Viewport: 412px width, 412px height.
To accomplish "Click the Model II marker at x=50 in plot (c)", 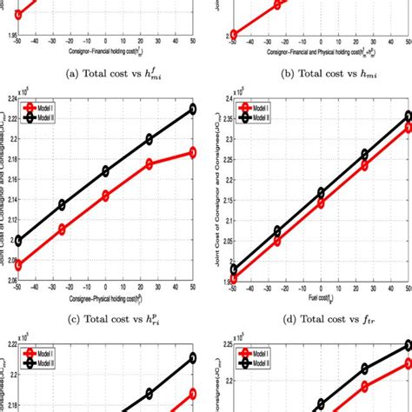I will click(x=193, y=109).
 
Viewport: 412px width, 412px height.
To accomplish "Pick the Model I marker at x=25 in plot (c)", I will click(x=150, y=163).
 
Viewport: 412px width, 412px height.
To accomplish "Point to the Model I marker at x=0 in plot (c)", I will click(x=105, y=196).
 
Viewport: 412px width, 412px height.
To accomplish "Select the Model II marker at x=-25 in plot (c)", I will click(x=62, y=205).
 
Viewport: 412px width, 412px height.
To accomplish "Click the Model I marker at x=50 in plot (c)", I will click(x=193, y=152).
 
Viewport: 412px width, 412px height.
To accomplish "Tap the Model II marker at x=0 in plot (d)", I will click(x=321, y=192).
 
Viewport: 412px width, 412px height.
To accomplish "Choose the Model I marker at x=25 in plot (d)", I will click(x=364, y=165).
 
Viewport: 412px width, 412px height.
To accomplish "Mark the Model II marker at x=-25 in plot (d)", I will click(x=277, y=231).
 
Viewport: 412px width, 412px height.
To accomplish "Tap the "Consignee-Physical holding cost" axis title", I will click(x=105, y=298).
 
